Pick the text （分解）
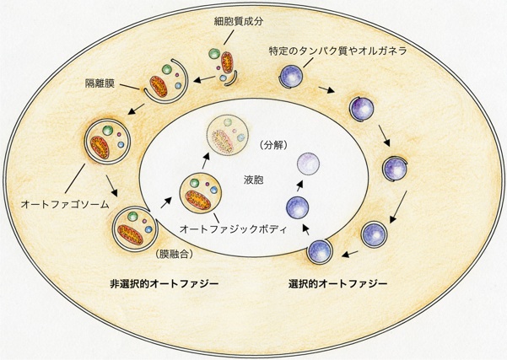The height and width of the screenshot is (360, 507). [273, 142]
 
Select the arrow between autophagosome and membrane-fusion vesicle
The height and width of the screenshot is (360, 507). [111, 185]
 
